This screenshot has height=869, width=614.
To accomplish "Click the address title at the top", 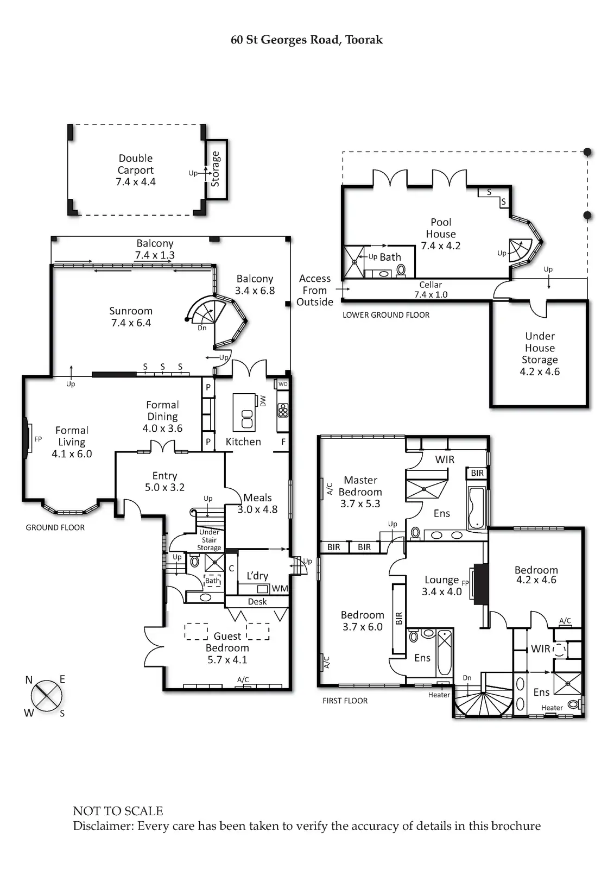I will click(x=307, y=40).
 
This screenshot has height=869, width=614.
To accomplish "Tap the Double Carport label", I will click(x=136, y=164).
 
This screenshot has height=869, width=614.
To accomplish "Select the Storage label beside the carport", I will click(x=216, y=169).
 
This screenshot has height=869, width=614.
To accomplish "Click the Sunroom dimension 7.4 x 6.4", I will click(x=131, y=323).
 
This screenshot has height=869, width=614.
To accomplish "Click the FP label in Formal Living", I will click(x=38, y=439).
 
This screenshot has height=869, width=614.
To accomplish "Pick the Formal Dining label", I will click(x=162, y=411).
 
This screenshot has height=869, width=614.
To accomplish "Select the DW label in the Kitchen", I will click(x=263, y=401).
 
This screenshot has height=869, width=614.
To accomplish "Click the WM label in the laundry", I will click(x=280, y=588).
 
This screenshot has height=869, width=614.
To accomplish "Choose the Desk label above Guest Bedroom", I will click(x=257, y=601).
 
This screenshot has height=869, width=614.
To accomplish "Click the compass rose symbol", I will click(x=46, y=696).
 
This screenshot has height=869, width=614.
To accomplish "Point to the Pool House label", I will click(x=441, y=228).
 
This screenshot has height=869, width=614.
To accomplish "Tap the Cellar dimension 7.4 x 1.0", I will click(x=431, y=294).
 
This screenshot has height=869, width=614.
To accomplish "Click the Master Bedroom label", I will click(x=360, y=486).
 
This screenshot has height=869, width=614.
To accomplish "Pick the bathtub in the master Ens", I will click(x=477, y=507).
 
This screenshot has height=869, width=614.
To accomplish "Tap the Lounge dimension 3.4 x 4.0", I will click(x=441, y=591).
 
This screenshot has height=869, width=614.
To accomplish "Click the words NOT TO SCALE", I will click(x=118, y=811).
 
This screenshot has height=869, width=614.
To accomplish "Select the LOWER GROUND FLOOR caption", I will click(x=386, y=315).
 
